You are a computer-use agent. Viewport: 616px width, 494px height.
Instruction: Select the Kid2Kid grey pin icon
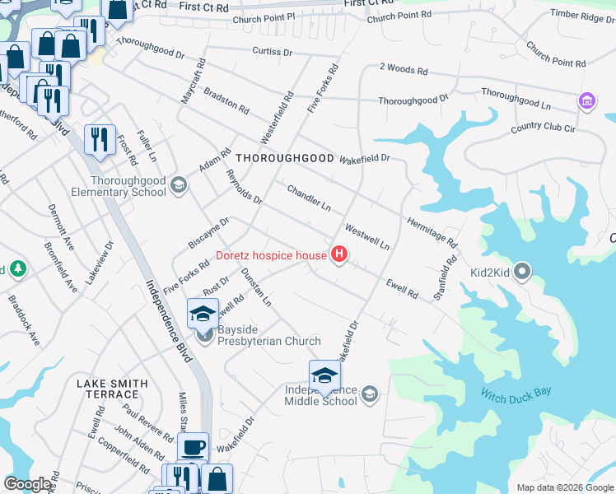coord(522,273)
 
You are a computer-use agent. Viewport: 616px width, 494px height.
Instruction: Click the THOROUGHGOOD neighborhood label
coord(285,157)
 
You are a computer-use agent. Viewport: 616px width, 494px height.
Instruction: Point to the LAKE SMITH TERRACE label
coord(112,389)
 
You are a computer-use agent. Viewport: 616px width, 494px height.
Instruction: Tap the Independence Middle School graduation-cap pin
coord(324,375)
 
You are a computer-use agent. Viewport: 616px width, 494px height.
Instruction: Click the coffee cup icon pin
coord(194,448)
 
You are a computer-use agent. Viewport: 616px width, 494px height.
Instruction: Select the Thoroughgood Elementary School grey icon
coord(177,186)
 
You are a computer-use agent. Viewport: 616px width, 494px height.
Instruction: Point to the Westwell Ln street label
coord(366,236)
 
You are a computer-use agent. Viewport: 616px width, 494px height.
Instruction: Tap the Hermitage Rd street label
coord(431,231)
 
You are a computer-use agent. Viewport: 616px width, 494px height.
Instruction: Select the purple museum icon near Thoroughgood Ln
coord(586,101)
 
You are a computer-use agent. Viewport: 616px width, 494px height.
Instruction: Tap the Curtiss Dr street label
coord(273,52)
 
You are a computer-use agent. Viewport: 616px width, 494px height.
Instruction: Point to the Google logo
coord(27,484)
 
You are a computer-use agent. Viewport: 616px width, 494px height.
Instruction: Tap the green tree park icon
coord(15,269)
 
